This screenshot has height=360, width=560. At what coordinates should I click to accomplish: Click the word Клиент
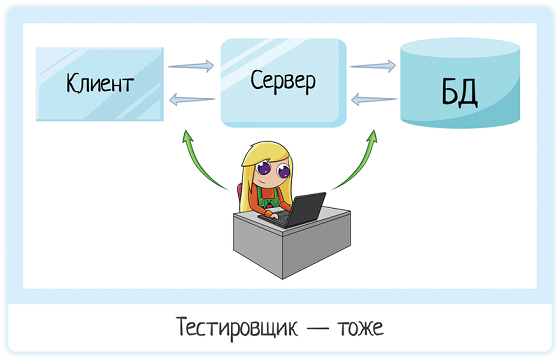[100, 82]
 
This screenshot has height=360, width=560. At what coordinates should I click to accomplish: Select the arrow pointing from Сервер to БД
[371, 67]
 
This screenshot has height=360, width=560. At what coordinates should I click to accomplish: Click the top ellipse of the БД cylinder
[459, 51]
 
